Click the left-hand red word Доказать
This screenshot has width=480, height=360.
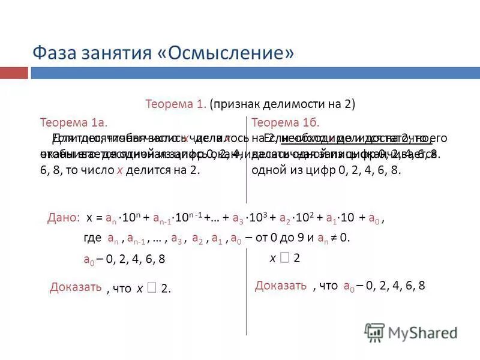76,287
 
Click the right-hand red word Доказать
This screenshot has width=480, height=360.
281,285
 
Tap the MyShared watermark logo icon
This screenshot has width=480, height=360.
375,332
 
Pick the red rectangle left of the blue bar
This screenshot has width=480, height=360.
14,73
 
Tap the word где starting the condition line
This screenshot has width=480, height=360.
92,238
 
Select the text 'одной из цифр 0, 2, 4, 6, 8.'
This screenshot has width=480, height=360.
326,170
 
